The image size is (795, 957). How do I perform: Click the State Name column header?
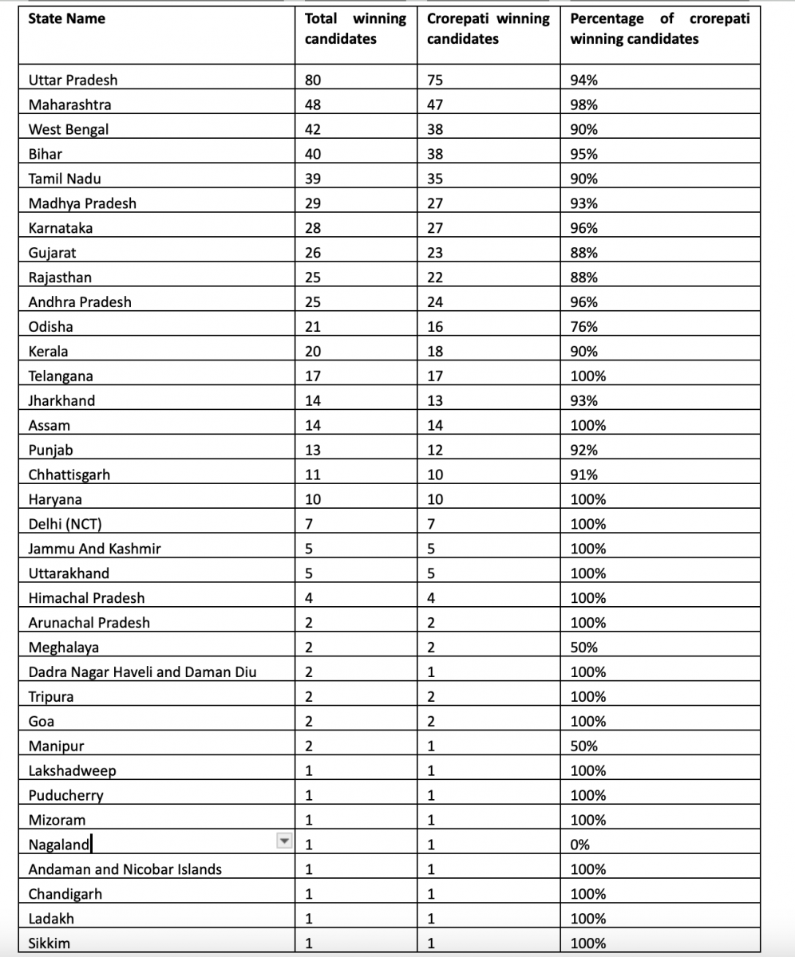[66, 19]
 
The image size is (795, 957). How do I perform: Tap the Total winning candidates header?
[355, 29]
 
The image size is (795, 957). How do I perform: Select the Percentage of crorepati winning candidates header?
[659, 29]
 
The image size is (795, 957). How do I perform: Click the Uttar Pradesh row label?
[73, 81]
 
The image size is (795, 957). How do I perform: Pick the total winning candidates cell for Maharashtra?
[314, 105]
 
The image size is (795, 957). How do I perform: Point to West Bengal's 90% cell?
[584, 130]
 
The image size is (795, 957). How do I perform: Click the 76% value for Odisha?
[584, 327]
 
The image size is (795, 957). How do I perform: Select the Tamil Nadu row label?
[65, 179]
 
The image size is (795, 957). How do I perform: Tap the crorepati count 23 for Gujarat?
[435, 253]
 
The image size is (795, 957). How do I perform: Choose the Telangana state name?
[61, 376]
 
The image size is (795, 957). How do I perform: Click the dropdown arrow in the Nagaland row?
[283, 841]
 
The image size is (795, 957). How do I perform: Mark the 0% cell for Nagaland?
[579, 845]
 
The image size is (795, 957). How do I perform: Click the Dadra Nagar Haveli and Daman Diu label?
[142, 672]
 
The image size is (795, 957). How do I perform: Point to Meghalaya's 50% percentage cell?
[584, 648]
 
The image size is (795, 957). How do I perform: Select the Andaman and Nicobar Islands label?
[125, 869]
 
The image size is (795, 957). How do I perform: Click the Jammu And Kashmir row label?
[89, 549]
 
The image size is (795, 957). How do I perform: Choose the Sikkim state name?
[49, 943]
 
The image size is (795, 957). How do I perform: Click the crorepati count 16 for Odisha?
[435, 327]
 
